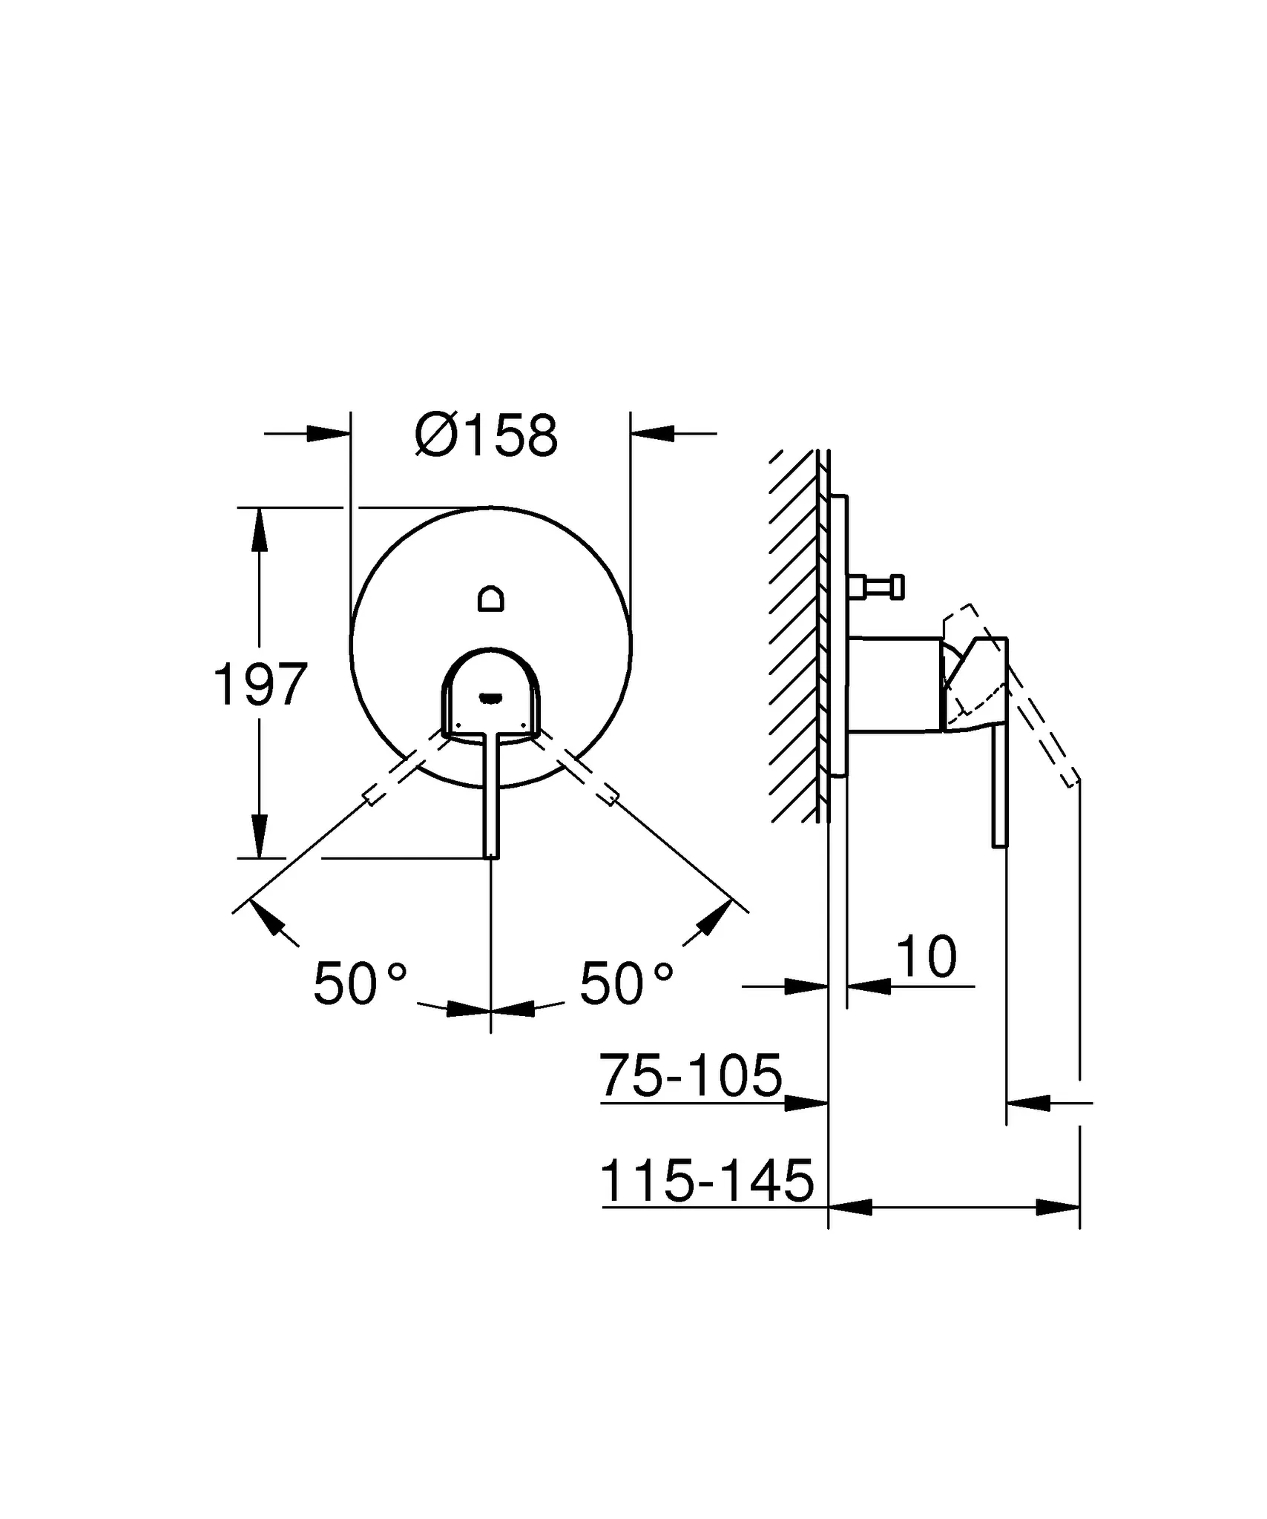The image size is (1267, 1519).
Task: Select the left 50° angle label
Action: (361, 983)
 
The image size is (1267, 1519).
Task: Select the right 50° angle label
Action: (627, 983)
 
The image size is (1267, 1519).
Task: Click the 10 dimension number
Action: (927, 957)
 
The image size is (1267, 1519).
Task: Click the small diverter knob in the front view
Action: (491, 598)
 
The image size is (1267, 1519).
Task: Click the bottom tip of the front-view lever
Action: (491, 857)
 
